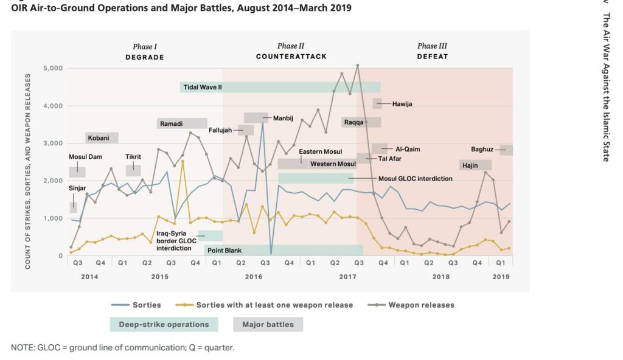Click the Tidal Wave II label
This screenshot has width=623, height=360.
click(x=203, y=87)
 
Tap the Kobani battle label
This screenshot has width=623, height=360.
click(x=99, y=138)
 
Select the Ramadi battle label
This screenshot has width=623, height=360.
click(x=171, y=123)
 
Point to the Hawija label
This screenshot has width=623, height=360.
click(x=402, y=104)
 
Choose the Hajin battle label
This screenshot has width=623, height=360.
click(x=469, y=165)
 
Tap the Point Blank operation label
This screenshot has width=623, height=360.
click(x=224, y=250)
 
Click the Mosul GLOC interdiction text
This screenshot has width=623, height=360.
click(x=416, y=179)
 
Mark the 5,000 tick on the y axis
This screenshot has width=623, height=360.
click(x=53, y=68)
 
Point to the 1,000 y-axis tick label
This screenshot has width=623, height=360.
click(x=53, y=218)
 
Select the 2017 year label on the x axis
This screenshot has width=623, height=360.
click(x=347, y=277)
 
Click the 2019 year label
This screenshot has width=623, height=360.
click(x=501, y=277)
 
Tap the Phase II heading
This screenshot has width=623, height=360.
click(x=291, y=46)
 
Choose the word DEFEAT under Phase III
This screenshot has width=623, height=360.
click(x=432, y=57)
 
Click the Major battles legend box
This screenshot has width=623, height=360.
click(x=268, y=324)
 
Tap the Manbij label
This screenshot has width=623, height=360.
click(x=283, y=117)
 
